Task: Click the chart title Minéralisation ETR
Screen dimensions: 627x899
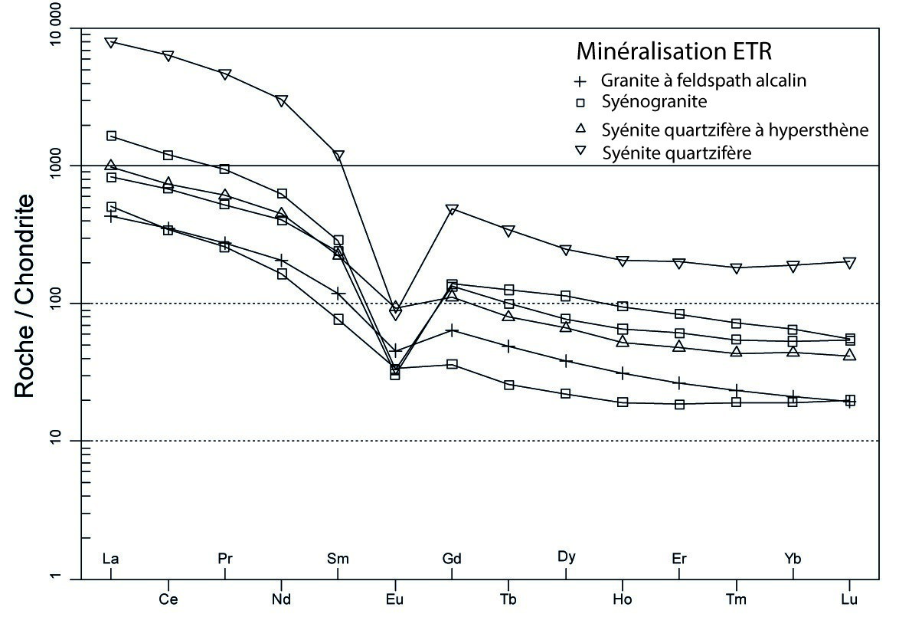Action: click(x=674, y=51)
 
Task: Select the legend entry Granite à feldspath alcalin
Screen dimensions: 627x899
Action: click(x=703, y=80)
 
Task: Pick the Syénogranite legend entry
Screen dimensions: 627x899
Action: click(x=653, y=101)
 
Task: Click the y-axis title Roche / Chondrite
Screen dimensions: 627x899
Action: click(x=26, y=295)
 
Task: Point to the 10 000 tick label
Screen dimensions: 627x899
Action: click(x=35, y=28)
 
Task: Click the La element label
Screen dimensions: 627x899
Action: click(x=111, y=559)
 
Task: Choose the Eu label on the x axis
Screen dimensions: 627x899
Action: click(x=395, y=599)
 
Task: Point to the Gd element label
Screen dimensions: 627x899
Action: click(x=452, y=559)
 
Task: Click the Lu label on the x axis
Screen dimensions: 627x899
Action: click(x=849, y=599)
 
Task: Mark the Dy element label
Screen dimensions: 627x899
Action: click(x=566, y=557)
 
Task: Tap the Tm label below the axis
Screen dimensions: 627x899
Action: click(x=736, y=599)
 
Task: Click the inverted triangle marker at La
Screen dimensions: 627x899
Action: click(x=111, y=42)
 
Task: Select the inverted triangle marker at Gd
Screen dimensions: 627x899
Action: click(x=452, y=210)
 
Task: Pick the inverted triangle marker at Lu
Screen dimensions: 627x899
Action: click(x=849, y=262)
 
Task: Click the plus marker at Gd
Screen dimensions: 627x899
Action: click(x=452, y=330)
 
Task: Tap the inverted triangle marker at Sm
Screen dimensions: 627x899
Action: click(x=338, y=156)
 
